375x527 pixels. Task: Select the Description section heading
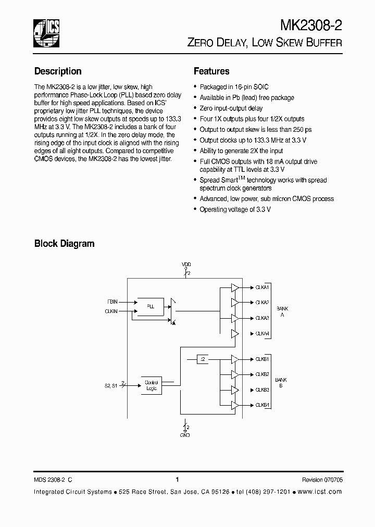click(58, 71)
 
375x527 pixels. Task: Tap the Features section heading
click(211, 71)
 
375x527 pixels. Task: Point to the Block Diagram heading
click(64, 243)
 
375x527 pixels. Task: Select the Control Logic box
click(152, 385)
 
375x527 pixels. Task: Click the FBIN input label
click(112, 301)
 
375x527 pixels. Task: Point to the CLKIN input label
click(111, 311)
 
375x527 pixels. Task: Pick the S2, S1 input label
click(110, 385)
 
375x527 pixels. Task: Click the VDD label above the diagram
click(186, 265)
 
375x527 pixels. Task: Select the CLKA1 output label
click(262, 287)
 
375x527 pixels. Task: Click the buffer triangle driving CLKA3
click(235, 318)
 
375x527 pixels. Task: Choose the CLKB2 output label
click(262, 374)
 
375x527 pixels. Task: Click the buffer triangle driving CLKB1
click(235, 359)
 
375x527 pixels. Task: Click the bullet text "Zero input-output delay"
click(231, 108)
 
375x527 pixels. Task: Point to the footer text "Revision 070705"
click(322, 480)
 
